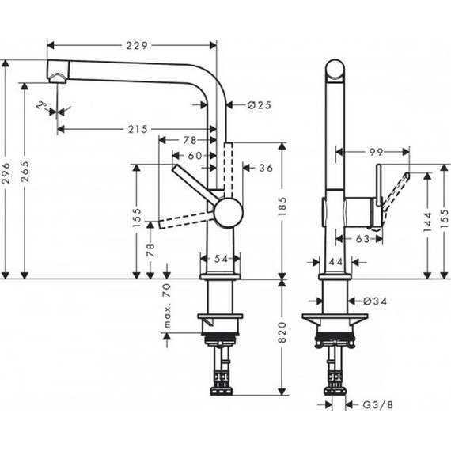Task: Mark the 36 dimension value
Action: pos(265,167)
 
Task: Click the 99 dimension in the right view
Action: pos(376,149)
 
